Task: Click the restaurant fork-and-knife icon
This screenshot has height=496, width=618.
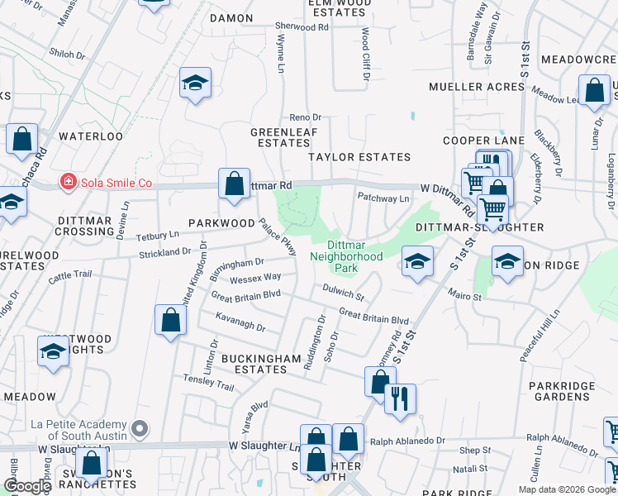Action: (399, 398)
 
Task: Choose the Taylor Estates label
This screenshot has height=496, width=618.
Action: (359, 157)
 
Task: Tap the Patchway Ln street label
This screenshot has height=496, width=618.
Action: (383, 198)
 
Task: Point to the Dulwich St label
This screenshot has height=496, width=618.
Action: (344, 292)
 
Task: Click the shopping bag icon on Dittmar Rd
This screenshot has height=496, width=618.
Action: (235, 182)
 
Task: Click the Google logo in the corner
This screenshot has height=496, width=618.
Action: (27, 486)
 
